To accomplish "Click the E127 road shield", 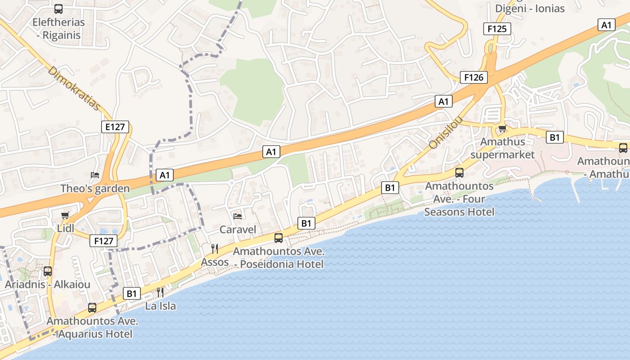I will [x=115, y=127].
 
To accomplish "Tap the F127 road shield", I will [x=103, y=241].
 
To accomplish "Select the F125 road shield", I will [x=497, y=29].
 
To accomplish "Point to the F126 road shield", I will [x=474, y=77].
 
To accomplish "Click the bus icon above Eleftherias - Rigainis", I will [x=58, y=9].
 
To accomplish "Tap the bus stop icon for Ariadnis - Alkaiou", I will [x=48, y=271].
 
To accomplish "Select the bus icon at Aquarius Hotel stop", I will [x=92, y=308].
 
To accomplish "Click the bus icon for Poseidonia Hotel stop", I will [x=279, y=238].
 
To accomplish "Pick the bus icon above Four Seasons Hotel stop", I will [x=459, y=173].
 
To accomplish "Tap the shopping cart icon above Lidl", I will [x=65, y=215].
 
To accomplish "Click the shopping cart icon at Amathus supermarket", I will [x=502, y=129].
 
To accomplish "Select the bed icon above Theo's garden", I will [x=94, y=175].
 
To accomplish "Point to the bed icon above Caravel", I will [x=238, y=216].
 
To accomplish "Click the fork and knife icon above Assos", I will [x=215, y=248].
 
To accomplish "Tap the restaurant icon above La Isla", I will [x=160, y=292].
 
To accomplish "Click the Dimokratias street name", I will [x=74, y=89].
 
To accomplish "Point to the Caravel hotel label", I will [x=238, y=229].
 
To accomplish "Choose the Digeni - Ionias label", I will [x=530, y=8].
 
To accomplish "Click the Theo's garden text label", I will [x=95, y=189].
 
